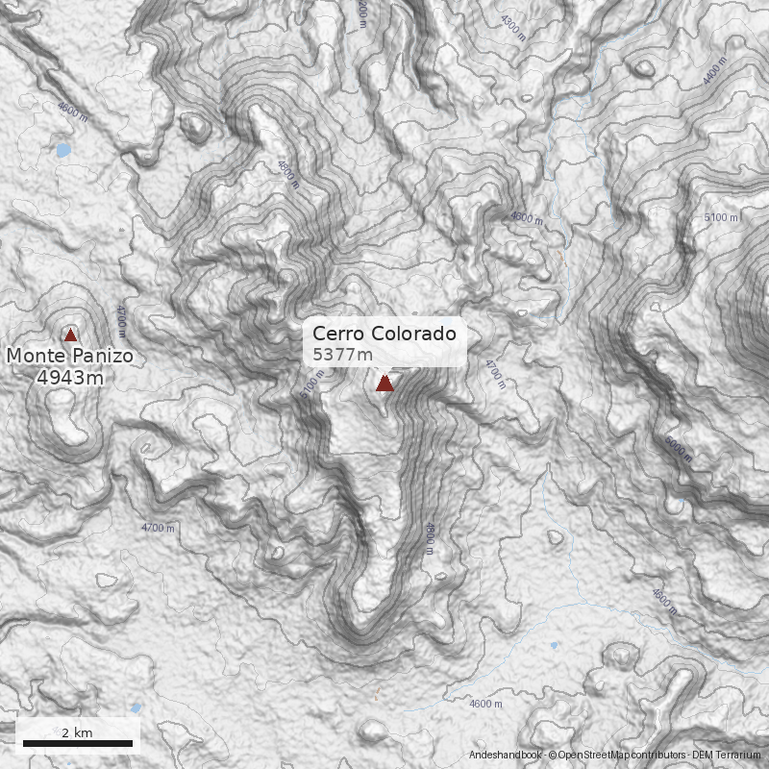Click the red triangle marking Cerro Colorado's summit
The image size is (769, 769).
[x=384, y=384]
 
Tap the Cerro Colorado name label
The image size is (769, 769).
[x=384, y=335]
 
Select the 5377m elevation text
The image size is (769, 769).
[x=343, y=355]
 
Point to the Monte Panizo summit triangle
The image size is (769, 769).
[x=70, y=335]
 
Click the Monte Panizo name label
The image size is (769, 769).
[x=70, y=357]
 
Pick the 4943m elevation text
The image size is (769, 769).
[x=70, y=378]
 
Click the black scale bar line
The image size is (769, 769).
[x=77, y=743]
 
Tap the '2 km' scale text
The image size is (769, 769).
[x=77, y=732]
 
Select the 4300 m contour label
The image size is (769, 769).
[x=513, y=26]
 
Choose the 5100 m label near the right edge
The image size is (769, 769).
[x=721, y=218]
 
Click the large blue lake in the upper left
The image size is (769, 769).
[x=63, y=150]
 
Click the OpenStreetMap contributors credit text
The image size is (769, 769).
[x=616, y=756]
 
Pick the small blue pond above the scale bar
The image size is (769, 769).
[x=136, y=708]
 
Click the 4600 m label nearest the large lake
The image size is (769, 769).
[x=72, y=112]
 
